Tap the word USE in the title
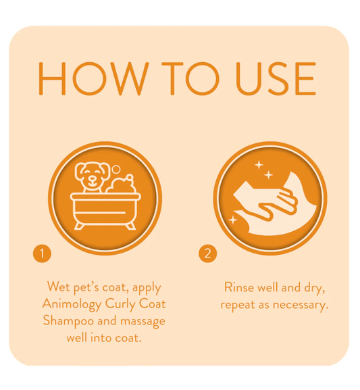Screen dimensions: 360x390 (276, 78)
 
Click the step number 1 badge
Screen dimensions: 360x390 (42, 253)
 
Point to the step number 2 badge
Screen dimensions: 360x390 (207, 253)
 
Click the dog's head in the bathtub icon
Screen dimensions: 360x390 (90, 175)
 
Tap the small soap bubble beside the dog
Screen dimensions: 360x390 (115, 170)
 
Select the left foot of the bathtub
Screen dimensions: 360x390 (80, 226)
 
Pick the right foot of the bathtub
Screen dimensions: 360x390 (130, 226)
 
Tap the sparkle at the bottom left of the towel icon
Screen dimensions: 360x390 (233, 220)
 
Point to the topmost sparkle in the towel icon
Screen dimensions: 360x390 (259, 165)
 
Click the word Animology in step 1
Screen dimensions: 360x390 (72, 304)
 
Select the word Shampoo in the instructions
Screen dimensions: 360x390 (68, 321)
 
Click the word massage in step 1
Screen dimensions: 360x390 (143, 322)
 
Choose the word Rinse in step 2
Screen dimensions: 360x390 (239, 287)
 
